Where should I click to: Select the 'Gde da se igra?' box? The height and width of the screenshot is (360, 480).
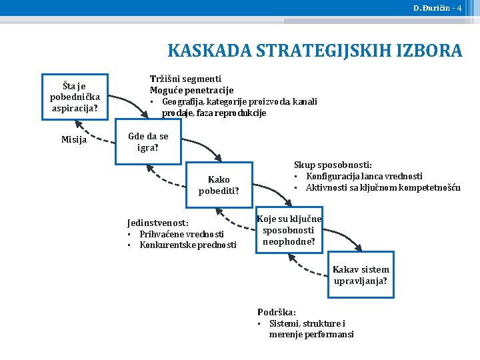pyautogui.click(x=148, y=141)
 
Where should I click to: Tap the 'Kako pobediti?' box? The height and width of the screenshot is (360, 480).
pyautogui.click(x=219, y=185)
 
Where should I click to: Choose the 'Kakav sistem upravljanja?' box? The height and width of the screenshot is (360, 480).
pyautogui.click(x=361, y=275)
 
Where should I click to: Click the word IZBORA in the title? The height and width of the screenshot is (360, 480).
pyautogui.click(x=427, y=51)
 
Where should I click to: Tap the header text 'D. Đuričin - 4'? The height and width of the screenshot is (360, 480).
pyautogui.click(x=437, y=8)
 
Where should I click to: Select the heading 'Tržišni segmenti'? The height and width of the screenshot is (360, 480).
pyautogui.click(x=185, y=79)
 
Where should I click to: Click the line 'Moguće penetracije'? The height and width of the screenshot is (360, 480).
pyautogui.click(x=191, y=90)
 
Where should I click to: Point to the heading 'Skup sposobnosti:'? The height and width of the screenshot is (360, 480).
pyautogui.click(x=333, y=165)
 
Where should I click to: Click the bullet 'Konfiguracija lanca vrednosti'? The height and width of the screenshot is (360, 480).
pyautogui.click(x=364, y=176)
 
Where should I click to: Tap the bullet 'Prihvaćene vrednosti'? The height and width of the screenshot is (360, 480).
pyautogui.click(x=181, y=234)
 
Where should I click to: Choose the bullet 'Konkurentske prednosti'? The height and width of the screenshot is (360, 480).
pyautogui.click(x=187, y=245)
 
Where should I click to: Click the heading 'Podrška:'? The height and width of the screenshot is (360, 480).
pyautogui.click(x=277, y=312)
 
